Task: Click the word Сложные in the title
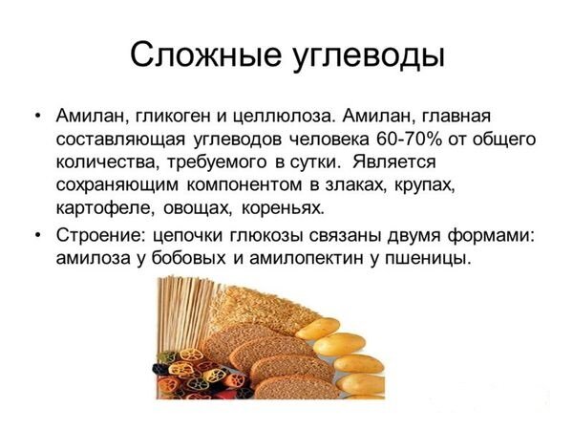205,54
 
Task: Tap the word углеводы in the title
369,56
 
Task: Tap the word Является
393,161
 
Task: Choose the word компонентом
244,185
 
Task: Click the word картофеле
103,208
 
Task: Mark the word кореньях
283,208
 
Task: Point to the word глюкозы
266,236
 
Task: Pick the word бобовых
188,258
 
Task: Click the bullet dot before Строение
37,236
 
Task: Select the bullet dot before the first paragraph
37,117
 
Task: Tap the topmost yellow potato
318,328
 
